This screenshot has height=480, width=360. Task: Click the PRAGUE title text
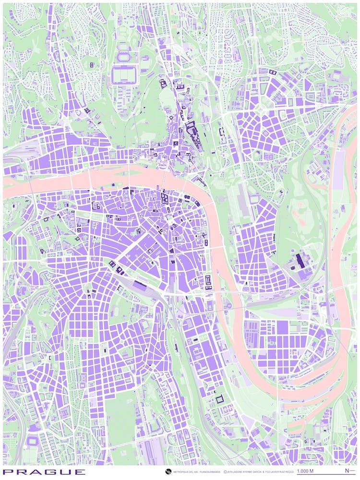point(44,472)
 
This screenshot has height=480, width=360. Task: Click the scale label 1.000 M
point(305,471)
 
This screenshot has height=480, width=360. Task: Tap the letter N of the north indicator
point(347,471)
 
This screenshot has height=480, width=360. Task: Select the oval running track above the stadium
point(123,57)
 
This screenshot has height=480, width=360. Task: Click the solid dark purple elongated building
point(300,261)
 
